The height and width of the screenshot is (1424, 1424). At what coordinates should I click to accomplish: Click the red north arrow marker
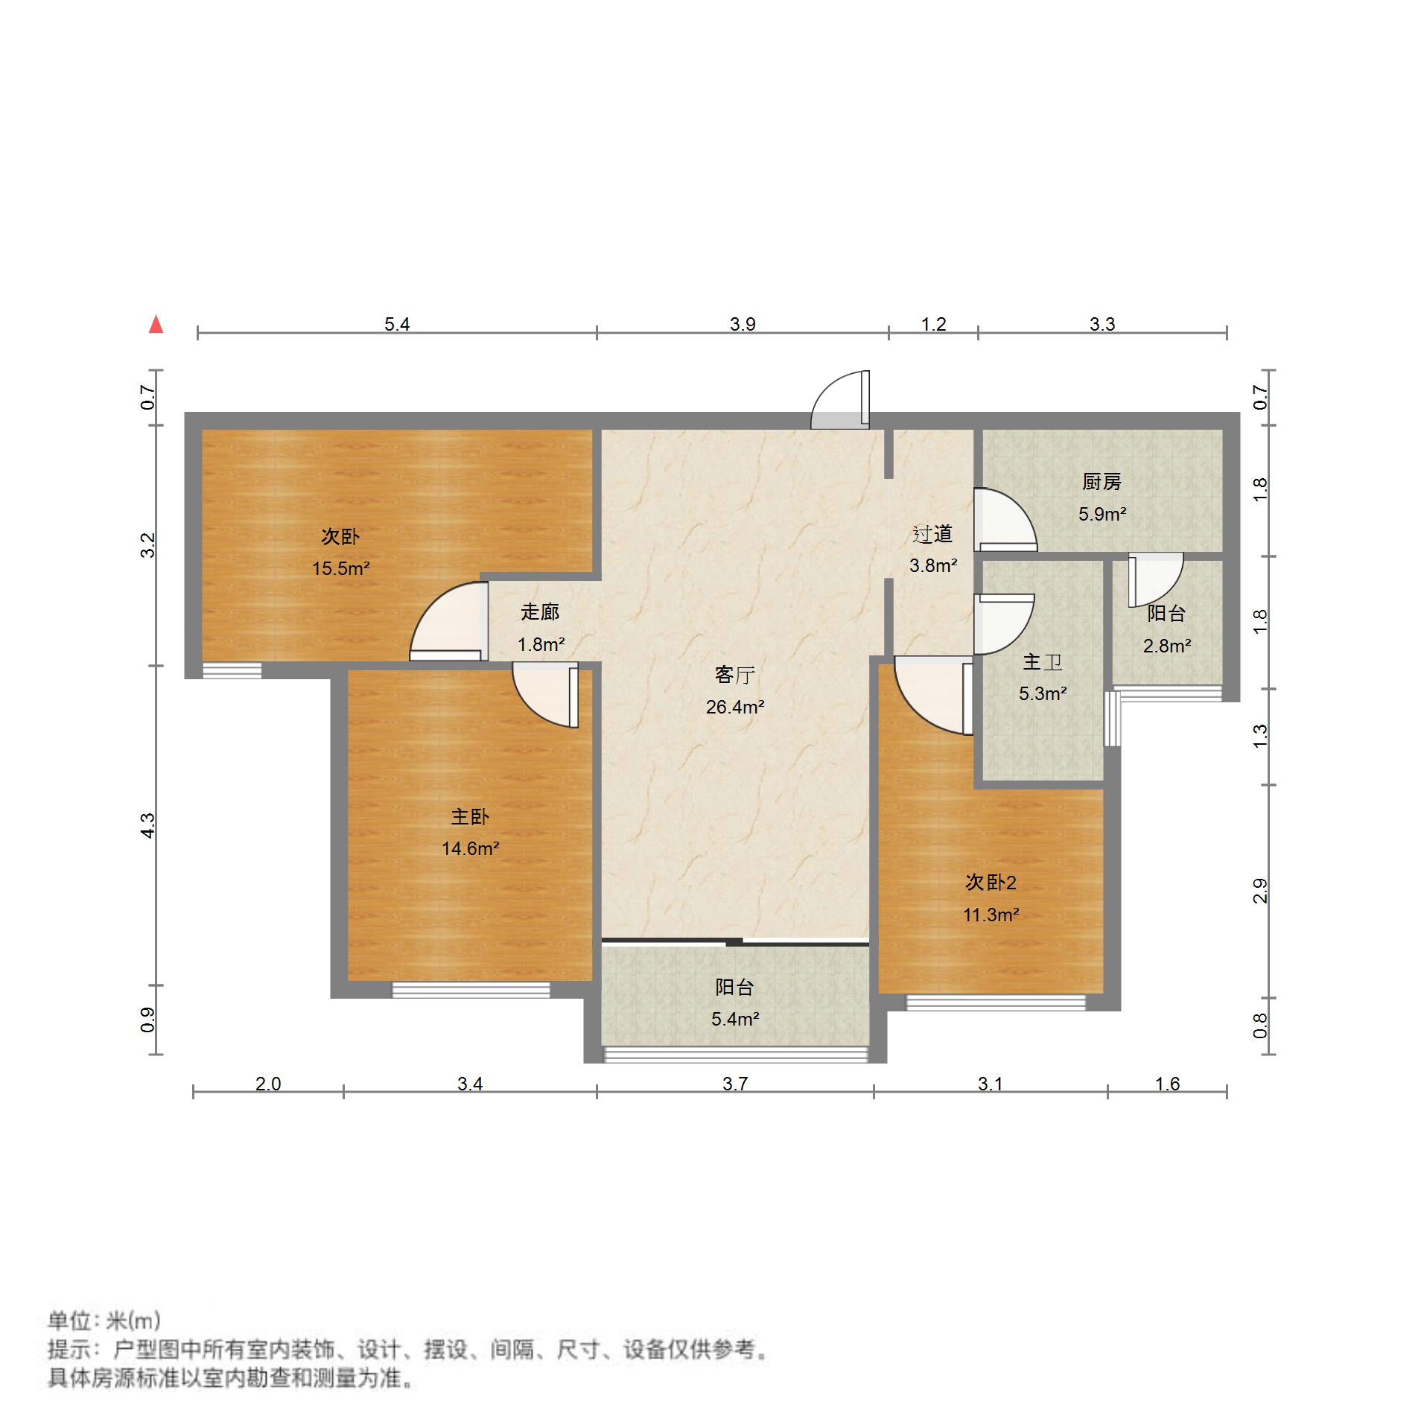[156, 325]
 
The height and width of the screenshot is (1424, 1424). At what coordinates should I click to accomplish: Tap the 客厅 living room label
[734, 675]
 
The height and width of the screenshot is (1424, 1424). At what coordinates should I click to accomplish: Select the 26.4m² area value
[734, 707]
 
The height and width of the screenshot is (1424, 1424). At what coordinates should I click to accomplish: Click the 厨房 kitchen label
[1102, 482]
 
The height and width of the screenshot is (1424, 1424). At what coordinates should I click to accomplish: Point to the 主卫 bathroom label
[1042, 661]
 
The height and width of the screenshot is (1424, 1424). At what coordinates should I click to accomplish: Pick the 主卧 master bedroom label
[470, 817]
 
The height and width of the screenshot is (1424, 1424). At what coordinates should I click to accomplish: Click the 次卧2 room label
[991, 883]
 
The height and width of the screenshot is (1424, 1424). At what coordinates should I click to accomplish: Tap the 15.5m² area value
[340, 569]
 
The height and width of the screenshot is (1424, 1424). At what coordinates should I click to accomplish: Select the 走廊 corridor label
[540, 612]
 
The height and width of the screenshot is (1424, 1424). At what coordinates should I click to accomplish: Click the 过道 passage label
[932, 534]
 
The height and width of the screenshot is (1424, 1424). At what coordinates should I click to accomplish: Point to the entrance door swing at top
[841, 402]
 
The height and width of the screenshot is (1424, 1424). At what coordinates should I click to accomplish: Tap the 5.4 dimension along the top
[397, 325]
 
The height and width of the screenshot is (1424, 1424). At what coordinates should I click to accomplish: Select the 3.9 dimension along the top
[743, 325]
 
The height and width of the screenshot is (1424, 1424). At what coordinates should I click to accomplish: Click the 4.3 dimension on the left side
[149, 825]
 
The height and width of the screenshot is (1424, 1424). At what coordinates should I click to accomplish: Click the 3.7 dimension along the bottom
[734, 1084]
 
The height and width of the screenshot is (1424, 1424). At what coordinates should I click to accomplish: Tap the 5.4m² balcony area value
[734, 1019]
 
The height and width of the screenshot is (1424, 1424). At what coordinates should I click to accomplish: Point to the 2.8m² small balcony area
[1166, 646]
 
